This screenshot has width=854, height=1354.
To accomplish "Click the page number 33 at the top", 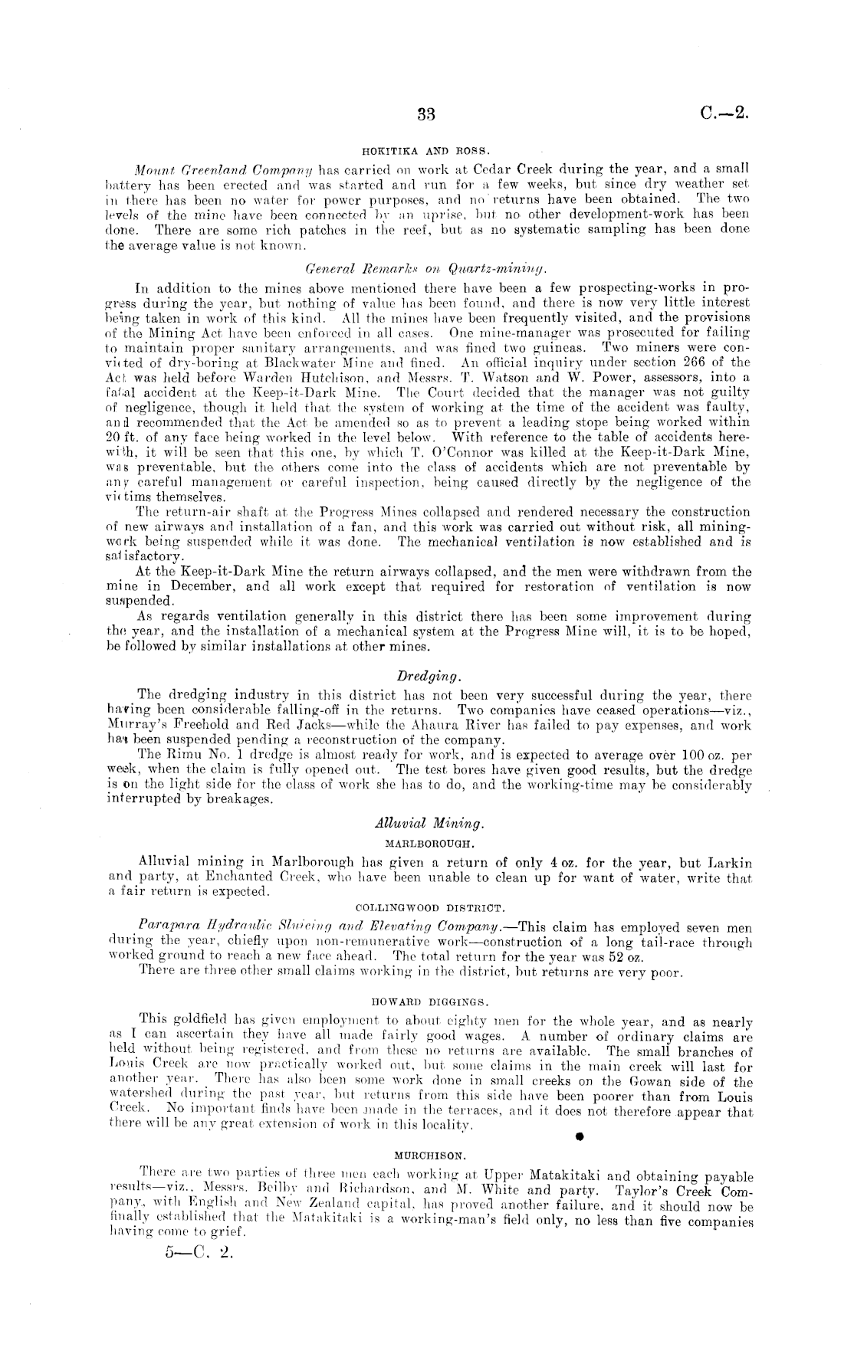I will pos(426,116).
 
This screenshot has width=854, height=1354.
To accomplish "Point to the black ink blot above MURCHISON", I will pos(580,1136).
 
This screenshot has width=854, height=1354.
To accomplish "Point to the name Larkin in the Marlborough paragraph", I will pos(724,864).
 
